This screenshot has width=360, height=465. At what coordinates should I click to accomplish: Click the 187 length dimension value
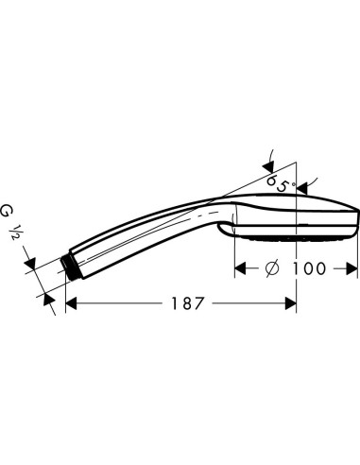point(187,303)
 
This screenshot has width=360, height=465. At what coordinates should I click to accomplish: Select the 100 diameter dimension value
point(309,268)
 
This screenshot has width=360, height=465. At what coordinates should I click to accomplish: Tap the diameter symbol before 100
point(272,268)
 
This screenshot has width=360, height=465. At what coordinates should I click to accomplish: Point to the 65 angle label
point(277,183)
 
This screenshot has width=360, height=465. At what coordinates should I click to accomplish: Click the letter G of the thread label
point(6,211)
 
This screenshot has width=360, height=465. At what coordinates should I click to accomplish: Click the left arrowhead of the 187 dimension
point(71,303)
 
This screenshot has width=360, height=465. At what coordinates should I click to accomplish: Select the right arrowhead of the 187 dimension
point(290,303)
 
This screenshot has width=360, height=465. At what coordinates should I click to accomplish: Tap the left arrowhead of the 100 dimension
point(240,268)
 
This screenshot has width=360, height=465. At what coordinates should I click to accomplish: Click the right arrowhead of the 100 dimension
point(351,268)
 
